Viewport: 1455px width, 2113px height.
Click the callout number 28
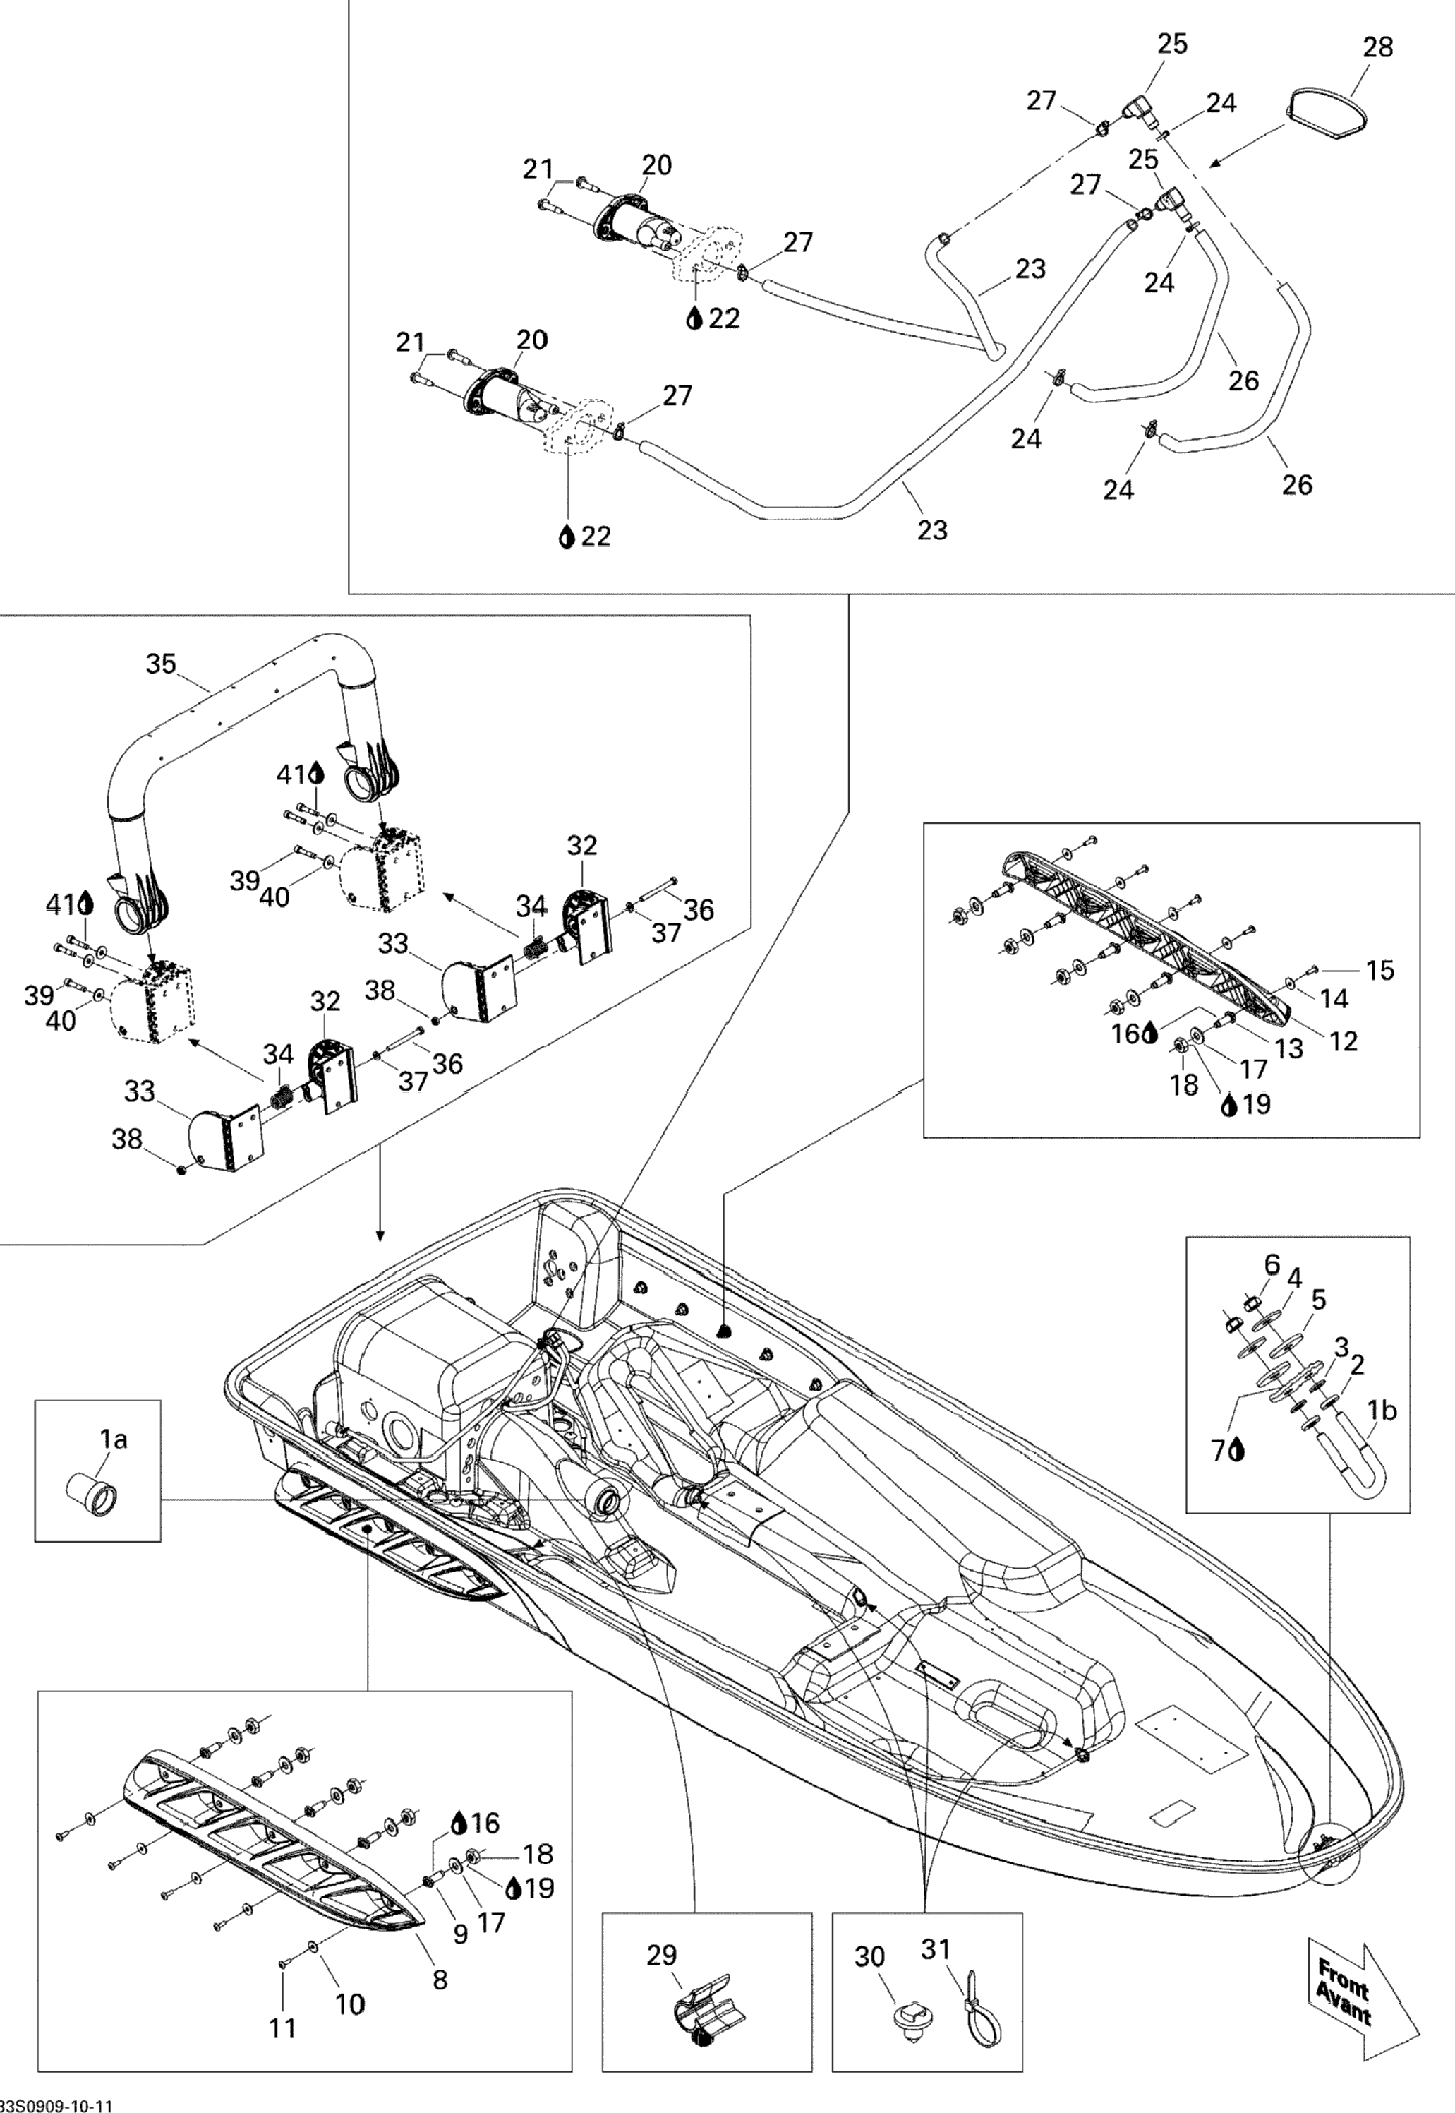pos(1377,47)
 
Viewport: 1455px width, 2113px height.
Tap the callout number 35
pos(162,664)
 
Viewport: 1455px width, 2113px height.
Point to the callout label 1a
pos(113,1440)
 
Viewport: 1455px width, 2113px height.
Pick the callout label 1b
pos(1382,1411)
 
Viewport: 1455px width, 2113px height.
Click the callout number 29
pos(662,1956)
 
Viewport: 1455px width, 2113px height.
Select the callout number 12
pos(1344,1041)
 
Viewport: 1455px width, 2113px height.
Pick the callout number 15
pos(1380,970)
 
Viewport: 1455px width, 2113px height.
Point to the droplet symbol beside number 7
pos(1238,1451)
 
